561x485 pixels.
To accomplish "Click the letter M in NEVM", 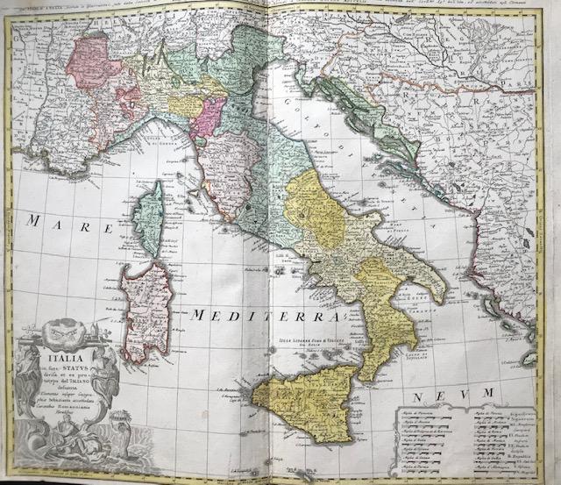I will (x=492, y=389).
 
